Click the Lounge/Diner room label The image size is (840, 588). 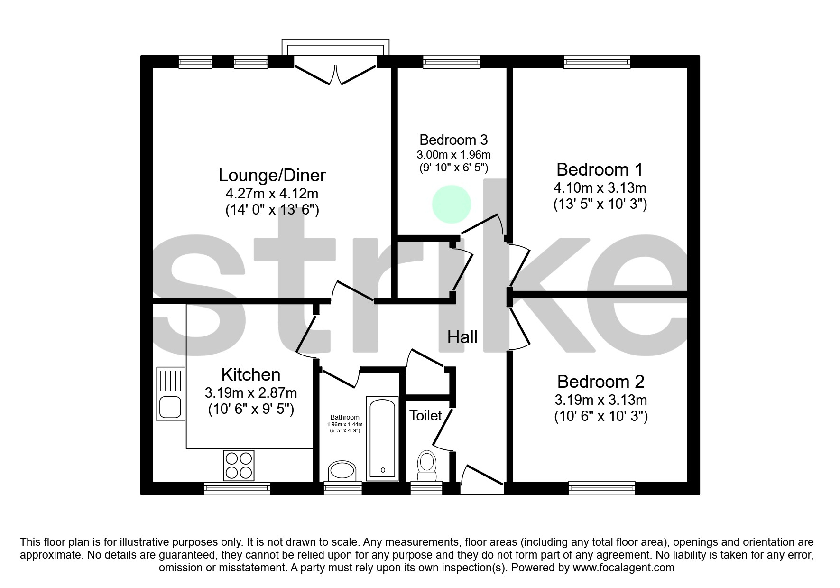272,176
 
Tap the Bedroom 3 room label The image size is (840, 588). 453,140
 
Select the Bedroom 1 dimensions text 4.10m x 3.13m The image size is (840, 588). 600,188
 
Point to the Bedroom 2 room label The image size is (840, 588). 600,382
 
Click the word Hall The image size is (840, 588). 462,337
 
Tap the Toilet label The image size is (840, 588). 425,416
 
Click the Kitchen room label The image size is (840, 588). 251,374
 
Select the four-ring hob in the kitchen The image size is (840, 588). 239,466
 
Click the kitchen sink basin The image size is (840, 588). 171,407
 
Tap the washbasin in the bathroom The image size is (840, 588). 342,471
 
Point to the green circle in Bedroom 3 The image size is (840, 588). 452,205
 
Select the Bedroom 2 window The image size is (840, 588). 602,488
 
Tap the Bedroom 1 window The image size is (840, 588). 597,62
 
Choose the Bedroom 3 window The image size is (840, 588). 452,62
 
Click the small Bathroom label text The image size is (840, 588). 345,418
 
